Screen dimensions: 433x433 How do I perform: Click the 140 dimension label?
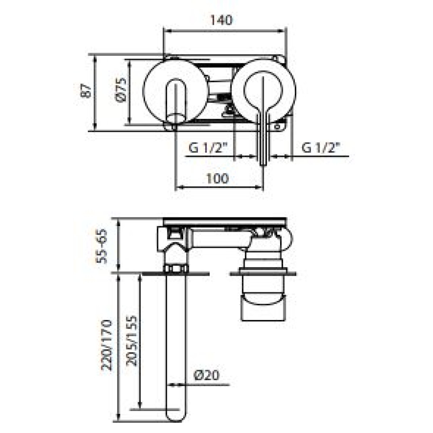(x=221, y=20)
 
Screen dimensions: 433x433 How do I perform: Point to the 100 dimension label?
(x=217, y=178)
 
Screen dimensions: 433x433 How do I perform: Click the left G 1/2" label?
(x=208, y=148)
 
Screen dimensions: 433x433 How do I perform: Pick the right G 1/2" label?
(x=320, y=148)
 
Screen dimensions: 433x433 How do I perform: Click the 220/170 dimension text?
(x=107, y=345)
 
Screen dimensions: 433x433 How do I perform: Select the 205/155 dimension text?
(x=132, y=341)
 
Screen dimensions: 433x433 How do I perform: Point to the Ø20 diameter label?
(x=207, y=375)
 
